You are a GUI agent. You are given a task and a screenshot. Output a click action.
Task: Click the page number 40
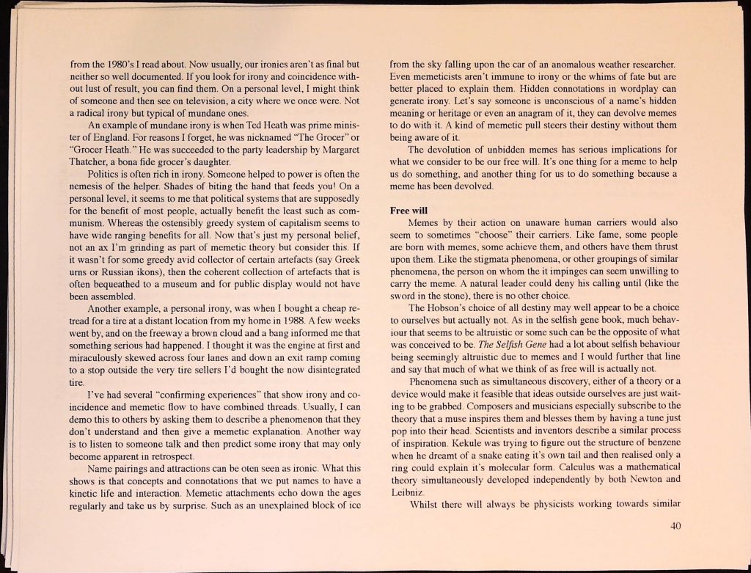pos(675,525)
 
